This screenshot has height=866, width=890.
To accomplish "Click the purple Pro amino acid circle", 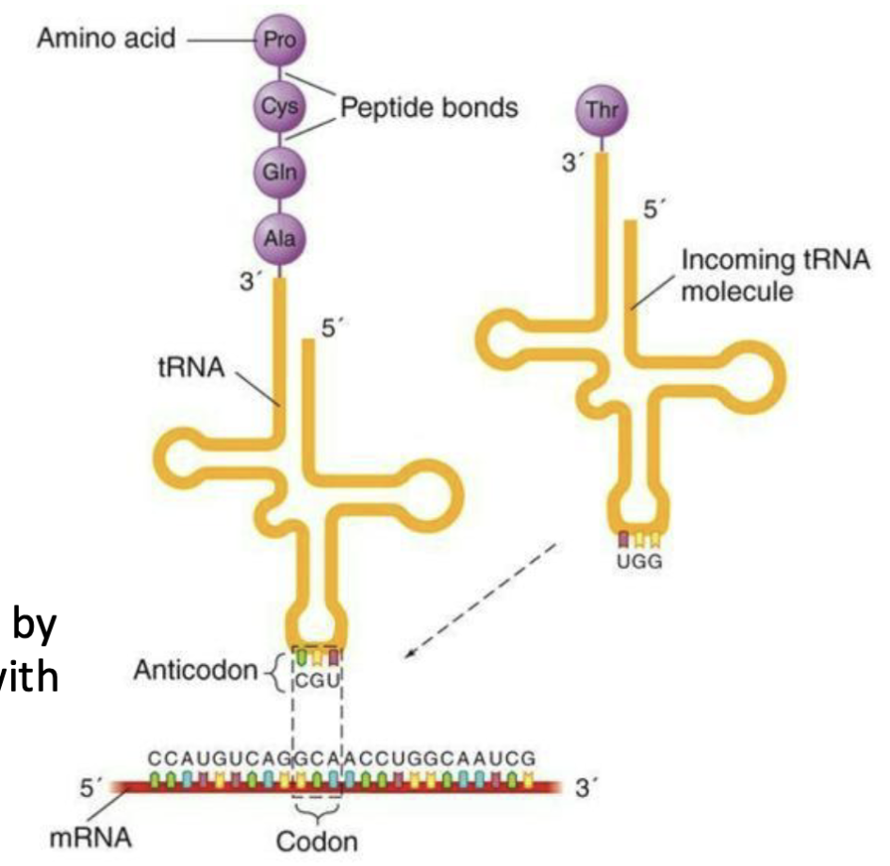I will (280, 42).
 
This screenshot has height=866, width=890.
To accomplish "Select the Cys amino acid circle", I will (280, 107).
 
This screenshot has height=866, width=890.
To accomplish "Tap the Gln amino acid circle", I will (280, 173).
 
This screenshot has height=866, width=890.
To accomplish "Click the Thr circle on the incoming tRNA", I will (601, 109).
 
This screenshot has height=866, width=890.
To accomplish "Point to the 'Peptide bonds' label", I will (429, 108).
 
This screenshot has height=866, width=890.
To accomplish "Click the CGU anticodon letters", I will (317, 677).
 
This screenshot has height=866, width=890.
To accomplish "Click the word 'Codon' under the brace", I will (317, 840).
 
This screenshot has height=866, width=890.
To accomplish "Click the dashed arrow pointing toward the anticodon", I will (482, 601).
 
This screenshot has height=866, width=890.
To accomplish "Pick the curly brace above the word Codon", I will (317, 809).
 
